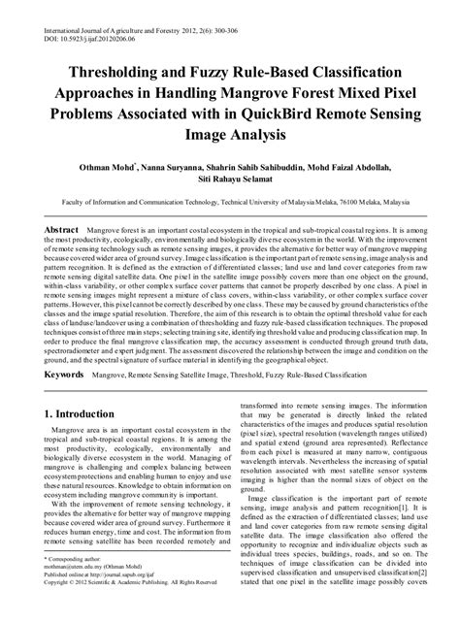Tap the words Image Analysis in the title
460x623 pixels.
point(230,138)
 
